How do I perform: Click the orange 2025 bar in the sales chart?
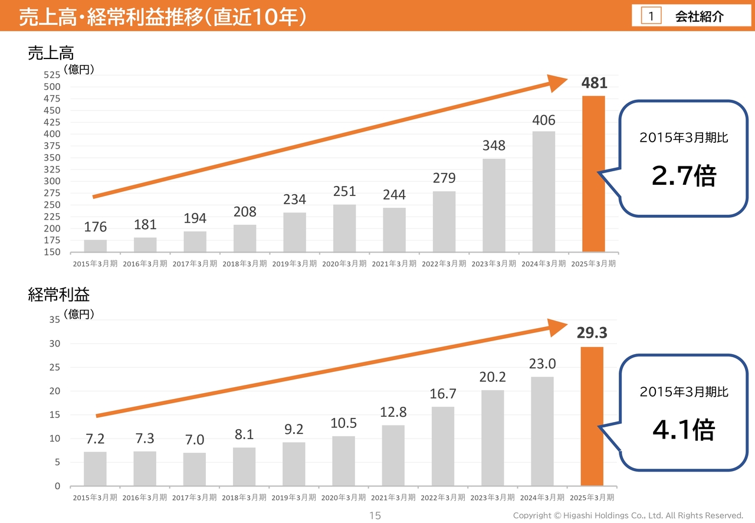click(593, 174)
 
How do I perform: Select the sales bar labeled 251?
click(344, 228)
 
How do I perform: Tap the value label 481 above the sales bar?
click(594, 83)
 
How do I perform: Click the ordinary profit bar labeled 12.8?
click(393, 455)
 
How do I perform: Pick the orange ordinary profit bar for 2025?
click(592, 416)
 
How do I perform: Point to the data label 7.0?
click(195, 440)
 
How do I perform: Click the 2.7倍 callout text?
click(684, 175)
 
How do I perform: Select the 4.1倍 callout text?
click(684, 430)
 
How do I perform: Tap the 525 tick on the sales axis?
click(52, 75)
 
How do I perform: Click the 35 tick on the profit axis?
click(54, 320)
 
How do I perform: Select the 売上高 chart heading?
click(51, 53)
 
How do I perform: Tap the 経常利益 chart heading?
click(59, 295)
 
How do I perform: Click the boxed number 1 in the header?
click(651, 17)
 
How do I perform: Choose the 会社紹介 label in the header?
click(699, 17)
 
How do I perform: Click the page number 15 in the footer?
click(375, 516)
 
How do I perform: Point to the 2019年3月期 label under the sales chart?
click(294, 264)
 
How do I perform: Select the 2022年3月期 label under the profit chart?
click(443, 498)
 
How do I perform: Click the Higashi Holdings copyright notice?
click(628, 516)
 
